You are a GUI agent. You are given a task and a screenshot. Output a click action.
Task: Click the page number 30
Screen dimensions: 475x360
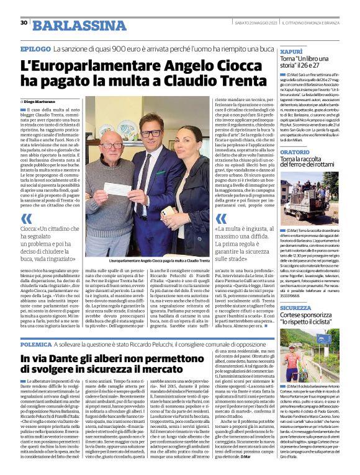point(24,22)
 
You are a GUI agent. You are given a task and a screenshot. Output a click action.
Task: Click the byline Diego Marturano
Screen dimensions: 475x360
point(43,100)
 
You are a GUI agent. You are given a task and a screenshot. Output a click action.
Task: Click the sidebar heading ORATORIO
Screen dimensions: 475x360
point(294,151)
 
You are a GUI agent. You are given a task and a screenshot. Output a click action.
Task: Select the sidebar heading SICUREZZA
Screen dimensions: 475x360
point(295,308)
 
